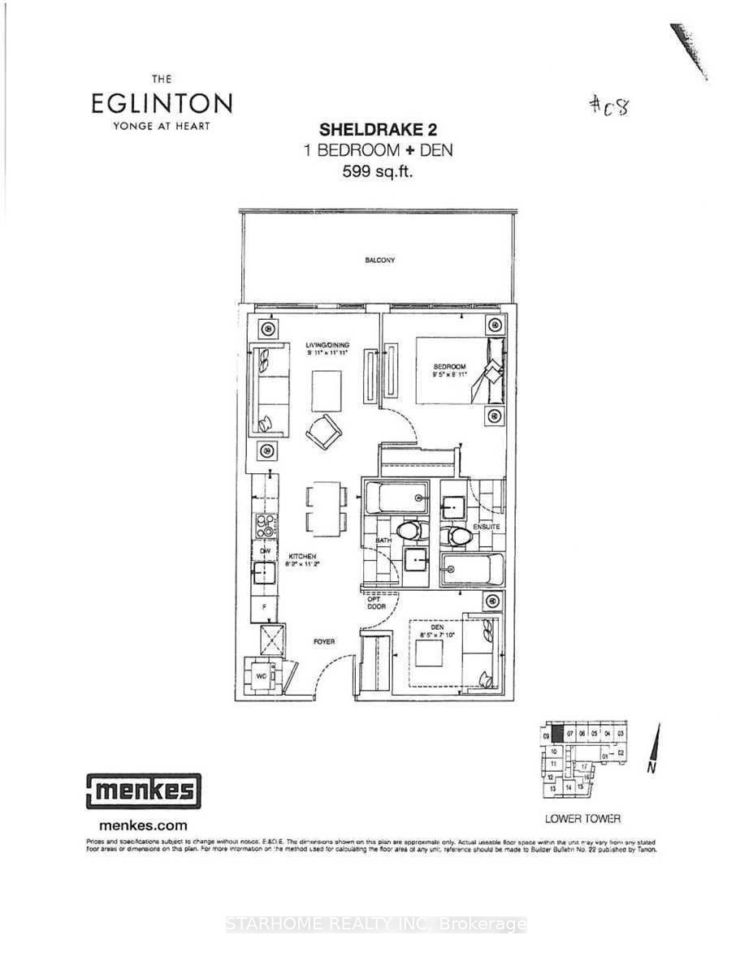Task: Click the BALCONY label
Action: pyautogui.click(x=379, y=261)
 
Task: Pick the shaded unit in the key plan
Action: pyautogui.click(x=558, y=734)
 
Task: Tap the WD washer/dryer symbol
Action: pyautogui.click(x=262, y=674)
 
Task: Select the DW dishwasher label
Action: pyautogui.click(x=264, y=550)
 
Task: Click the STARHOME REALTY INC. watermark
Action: pyautogui.click(x=376, y=924)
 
